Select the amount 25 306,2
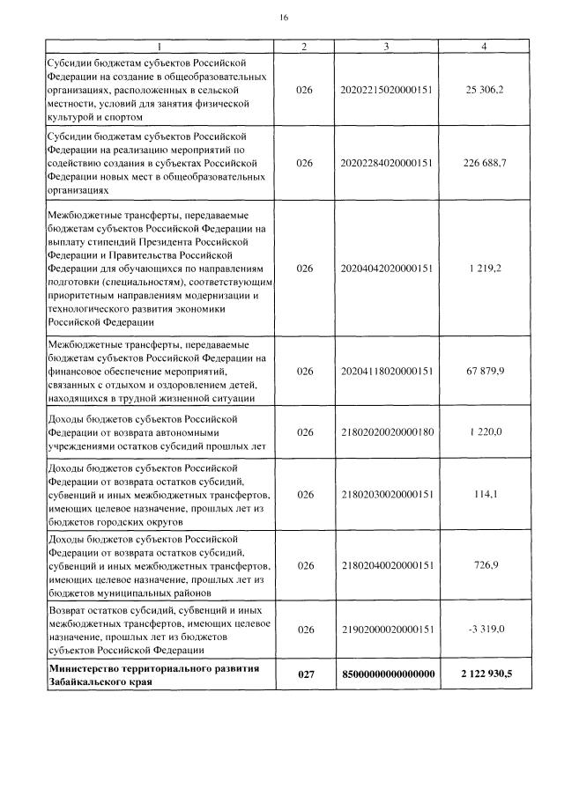pos(485,91)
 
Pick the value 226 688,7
pos(485,163)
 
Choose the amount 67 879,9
pos(485,372)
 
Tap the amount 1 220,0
pos(485,432)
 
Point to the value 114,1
pos(485,495)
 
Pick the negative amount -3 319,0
pos(485,630)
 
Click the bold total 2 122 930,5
pos(485,674)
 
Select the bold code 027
pos(305,674)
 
